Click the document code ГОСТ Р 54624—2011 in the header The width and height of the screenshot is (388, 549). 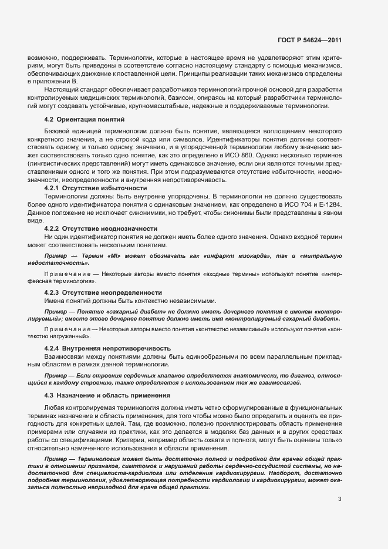click(x=309, y=40)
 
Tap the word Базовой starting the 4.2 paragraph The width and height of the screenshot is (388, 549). click(x=59, y=132)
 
